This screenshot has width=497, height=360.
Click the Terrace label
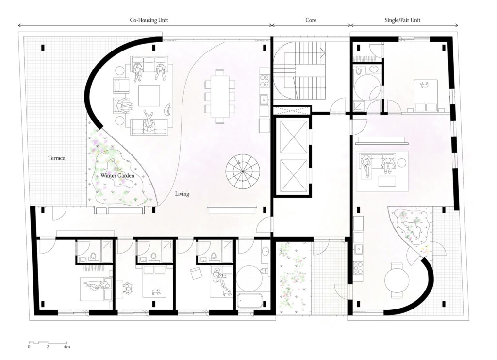56,158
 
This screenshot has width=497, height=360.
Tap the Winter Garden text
117,176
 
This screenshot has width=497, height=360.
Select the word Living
182,194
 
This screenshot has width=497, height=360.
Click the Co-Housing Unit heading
149,20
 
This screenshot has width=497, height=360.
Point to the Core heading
311,20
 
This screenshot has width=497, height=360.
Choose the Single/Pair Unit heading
402,20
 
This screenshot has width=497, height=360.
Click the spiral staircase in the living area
243,171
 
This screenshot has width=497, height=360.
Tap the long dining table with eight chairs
220,96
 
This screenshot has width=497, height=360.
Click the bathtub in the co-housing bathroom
249,301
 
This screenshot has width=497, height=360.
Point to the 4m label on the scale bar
66,347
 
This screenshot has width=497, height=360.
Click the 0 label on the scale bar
29,347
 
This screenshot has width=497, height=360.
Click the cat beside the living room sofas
167,110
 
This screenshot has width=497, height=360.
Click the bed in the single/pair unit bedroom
425,95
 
